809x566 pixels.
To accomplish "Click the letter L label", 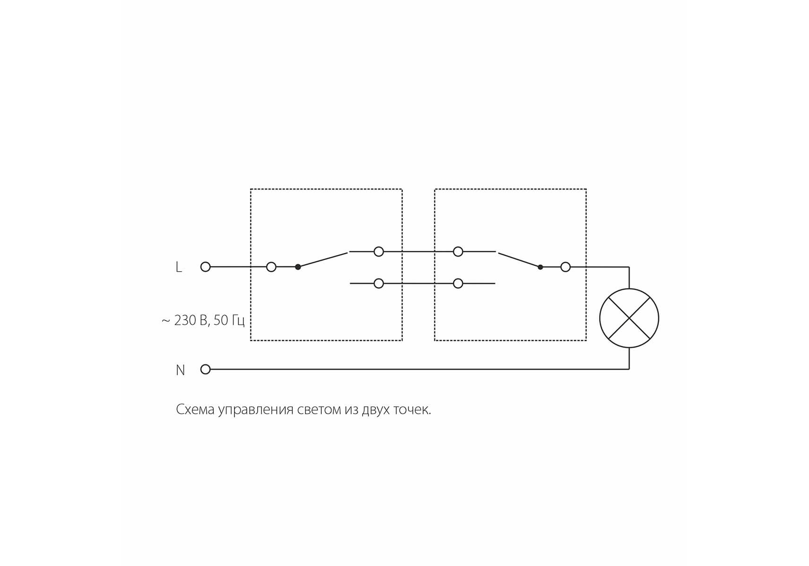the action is tap(178, 267).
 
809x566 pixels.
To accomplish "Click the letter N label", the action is tap(180, 370).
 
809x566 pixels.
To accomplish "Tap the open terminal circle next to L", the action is tap(205, 267).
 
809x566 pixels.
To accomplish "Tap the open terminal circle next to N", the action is tap(205, 369).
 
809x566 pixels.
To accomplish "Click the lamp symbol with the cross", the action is tap(629, 318).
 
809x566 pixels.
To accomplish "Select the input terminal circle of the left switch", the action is tap(271, 267).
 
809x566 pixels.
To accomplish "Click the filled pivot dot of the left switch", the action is tap(298, 267).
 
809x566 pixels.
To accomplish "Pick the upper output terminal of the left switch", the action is tap(378, 252).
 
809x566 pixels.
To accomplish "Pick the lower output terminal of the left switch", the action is tap(378, 283).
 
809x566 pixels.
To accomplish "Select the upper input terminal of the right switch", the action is tap(458, 252).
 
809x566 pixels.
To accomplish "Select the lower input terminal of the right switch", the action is tap(458, 283).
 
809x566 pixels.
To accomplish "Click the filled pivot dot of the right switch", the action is tap(540, 267).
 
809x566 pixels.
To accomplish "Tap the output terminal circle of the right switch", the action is tap(566, 267).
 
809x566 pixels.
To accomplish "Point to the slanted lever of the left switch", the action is tap(323, 259).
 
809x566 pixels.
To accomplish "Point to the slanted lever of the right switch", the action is tap(519, 260).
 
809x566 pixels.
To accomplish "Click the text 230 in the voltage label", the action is tap(185, 320).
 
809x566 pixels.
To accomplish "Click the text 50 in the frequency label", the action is tap(221, 320).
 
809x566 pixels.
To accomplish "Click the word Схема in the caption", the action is tap(195, 409).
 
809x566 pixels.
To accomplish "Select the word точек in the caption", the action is tap(412, 409).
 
